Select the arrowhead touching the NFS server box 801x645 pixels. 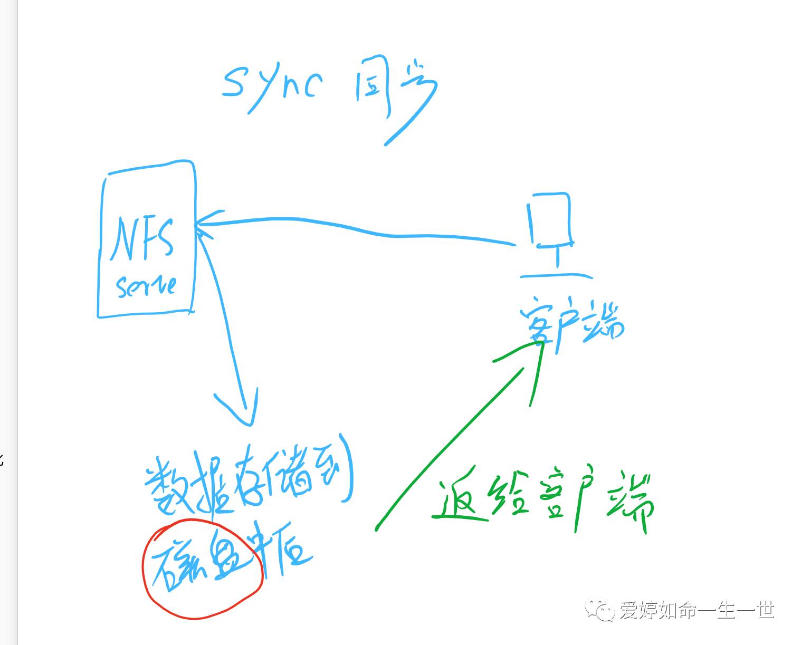[203, 224]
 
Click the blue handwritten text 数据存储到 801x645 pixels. [248, 477]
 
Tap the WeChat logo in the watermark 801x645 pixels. [599, 610]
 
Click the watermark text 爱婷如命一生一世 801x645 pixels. [697, 610]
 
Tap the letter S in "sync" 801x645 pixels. [234, 84]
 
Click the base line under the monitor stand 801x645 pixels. [556, 275]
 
